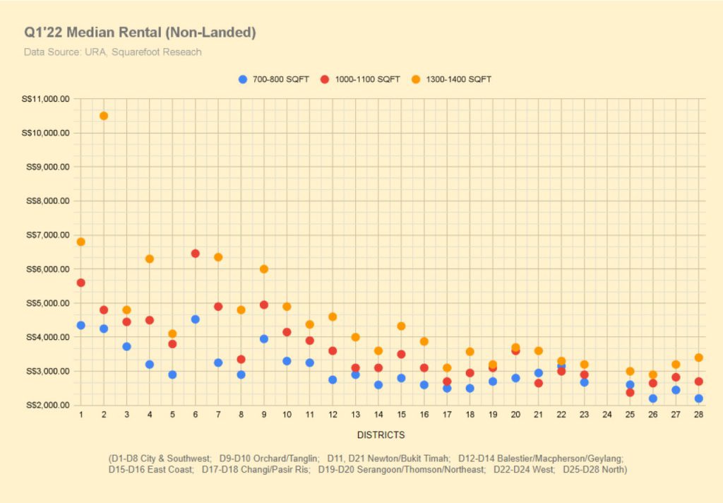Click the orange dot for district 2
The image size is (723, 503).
click(104, 116)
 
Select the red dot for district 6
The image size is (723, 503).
click(196, 254)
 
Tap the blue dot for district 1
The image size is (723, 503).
click(81, 326)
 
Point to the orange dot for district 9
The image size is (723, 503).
click(264, 269)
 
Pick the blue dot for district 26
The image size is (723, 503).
click(653, 398)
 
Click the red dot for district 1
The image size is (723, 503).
click(81, 283)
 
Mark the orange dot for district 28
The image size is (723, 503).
click(698, 357)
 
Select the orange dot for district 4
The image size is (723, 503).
click(150, 259)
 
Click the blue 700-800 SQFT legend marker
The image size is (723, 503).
click(243, 79)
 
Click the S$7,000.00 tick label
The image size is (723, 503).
click(48, 235)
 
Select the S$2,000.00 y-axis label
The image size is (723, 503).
click(48, 406)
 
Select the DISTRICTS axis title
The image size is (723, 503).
click(381, 435)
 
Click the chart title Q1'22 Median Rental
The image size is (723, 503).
click(140, 32)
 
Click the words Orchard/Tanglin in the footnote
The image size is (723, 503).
click(282, 458)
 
